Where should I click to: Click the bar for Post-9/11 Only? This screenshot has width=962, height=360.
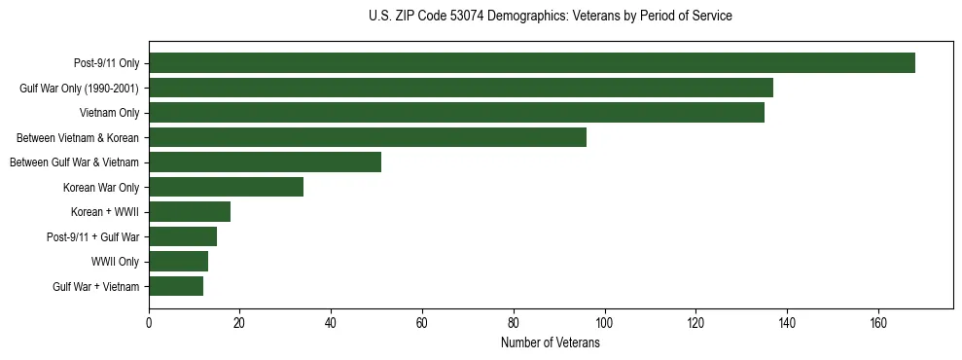531,63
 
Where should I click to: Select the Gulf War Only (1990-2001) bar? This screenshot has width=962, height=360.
461,88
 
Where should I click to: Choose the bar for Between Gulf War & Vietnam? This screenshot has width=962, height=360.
265,162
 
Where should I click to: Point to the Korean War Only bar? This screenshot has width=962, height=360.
226,187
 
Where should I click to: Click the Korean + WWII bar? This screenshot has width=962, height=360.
190,212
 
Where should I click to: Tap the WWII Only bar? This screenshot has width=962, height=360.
178,262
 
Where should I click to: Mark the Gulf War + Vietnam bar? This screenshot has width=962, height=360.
176,286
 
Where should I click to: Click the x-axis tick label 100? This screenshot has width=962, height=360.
605,323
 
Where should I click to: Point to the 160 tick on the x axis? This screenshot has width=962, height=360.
878,323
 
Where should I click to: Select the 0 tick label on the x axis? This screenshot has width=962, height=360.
149,323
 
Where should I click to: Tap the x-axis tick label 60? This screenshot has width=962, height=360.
422,323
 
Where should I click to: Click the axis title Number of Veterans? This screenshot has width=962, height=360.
550,343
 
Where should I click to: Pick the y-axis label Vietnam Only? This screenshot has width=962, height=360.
109,113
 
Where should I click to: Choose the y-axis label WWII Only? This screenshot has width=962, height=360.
115,262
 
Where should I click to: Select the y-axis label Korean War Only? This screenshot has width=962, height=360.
101,187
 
